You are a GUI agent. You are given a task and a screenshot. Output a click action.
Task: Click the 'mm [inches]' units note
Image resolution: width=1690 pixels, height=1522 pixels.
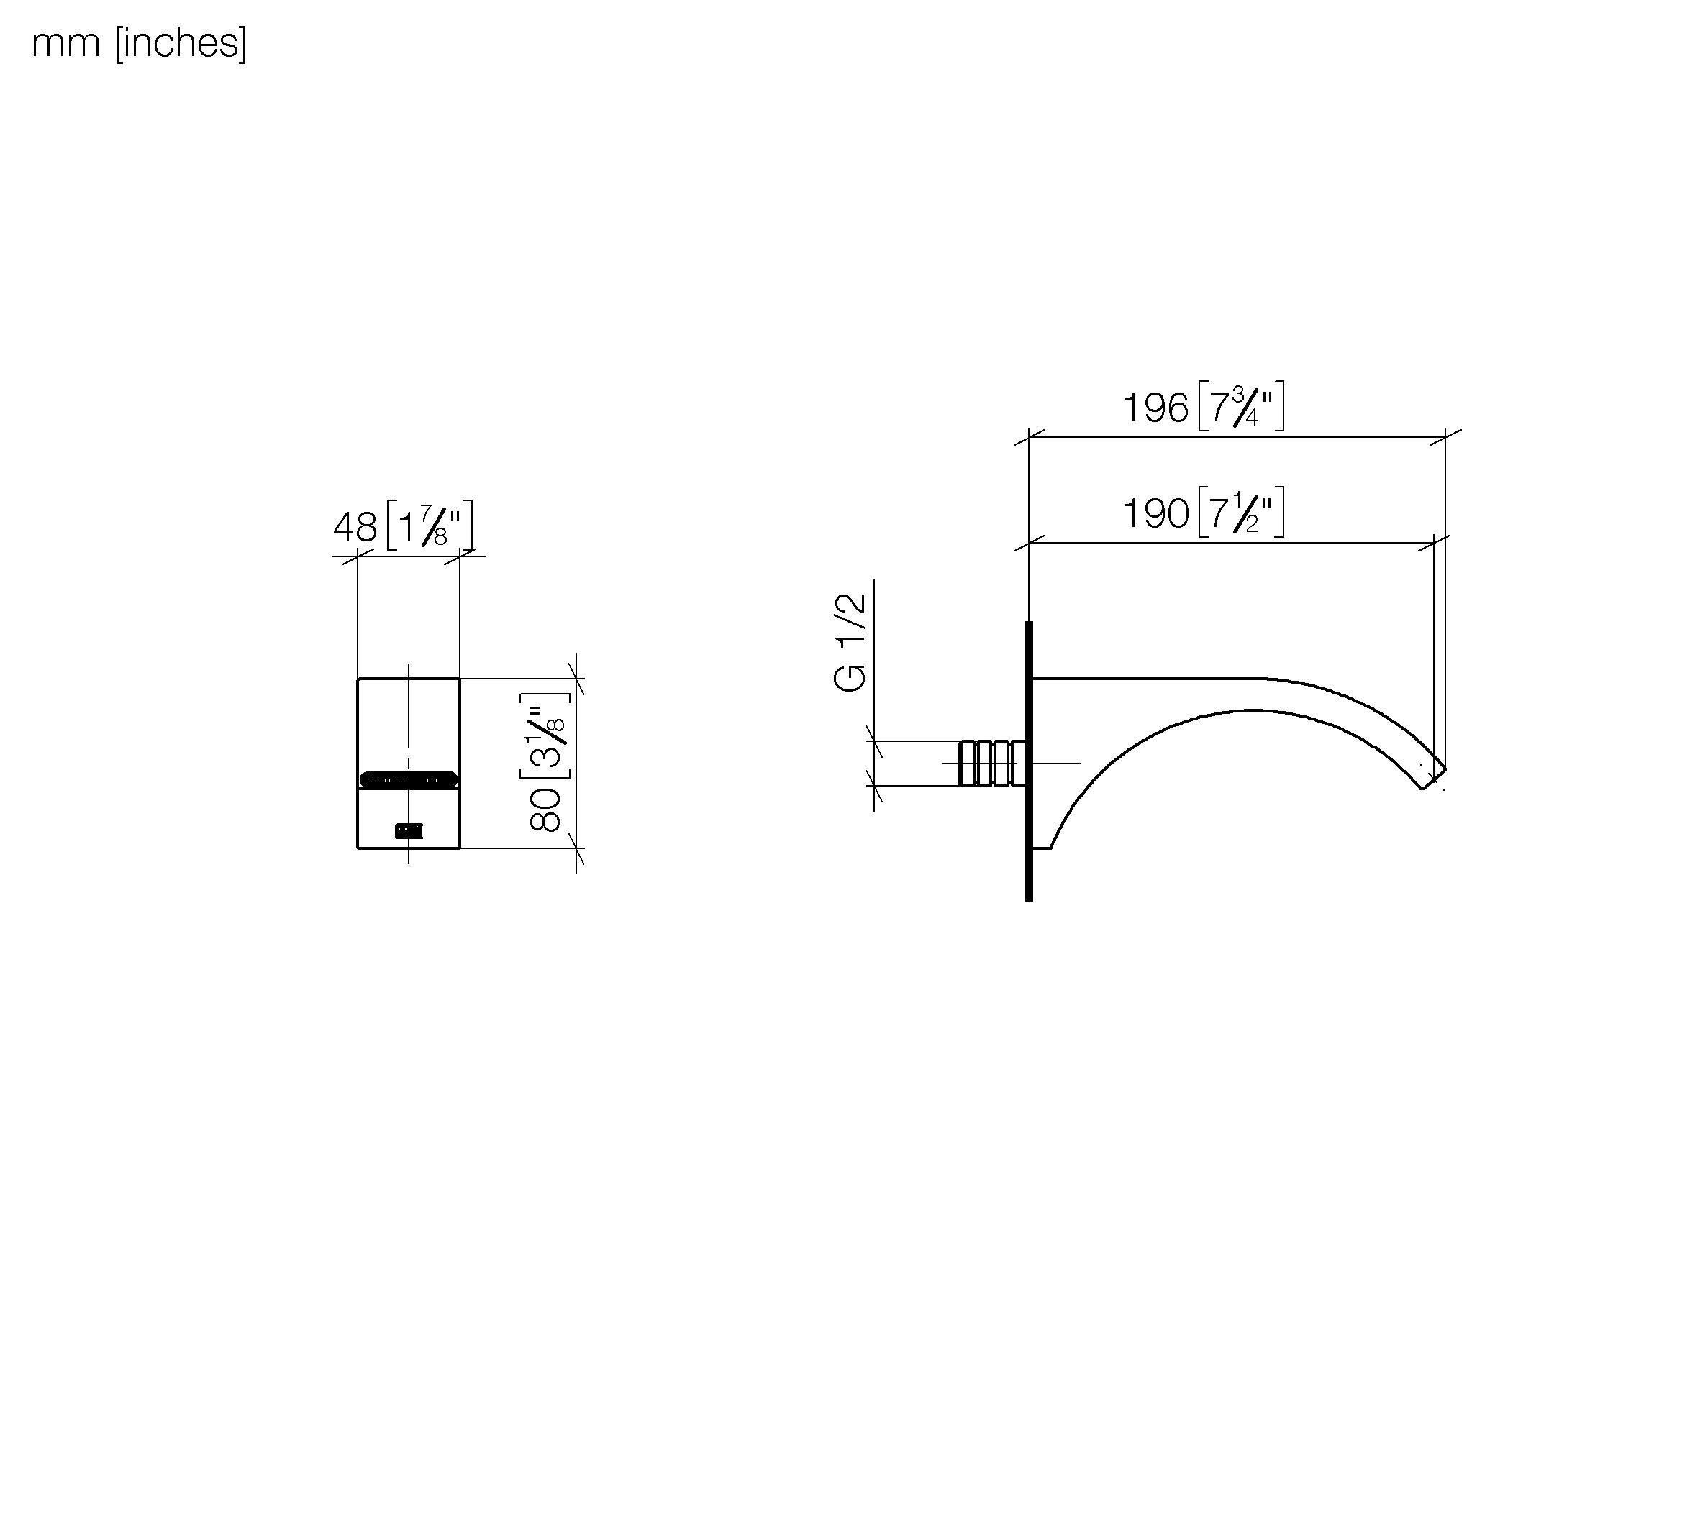point(140,43)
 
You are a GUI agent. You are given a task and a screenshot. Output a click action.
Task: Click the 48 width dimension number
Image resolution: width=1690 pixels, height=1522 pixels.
point(355,528)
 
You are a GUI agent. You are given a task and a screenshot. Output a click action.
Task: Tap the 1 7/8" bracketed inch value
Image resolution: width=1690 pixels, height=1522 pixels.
point(430,525)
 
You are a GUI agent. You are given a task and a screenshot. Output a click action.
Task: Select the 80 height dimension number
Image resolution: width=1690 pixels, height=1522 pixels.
point(545,810)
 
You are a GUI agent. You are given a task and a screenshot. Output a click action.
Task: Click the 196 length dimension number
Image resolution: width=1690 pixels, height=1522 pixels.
point(1155,408)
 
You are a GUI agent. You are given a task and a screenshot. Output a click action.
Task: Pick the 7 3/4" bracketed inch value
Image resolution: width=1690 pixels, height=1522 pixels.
point(1242,406)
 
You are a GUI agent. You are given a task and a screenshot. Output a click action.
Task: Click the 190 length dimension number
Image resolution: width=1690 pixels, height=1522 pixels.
point(1155,513)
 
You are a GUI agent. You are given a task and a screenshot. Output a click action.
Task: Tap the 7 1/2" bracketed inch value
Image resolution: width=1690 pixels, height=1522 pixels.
point(1242,512)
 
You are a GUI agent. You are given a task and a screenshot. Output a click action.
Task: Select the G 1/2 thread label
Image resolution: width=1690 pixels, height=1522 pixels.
point(850,642)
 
